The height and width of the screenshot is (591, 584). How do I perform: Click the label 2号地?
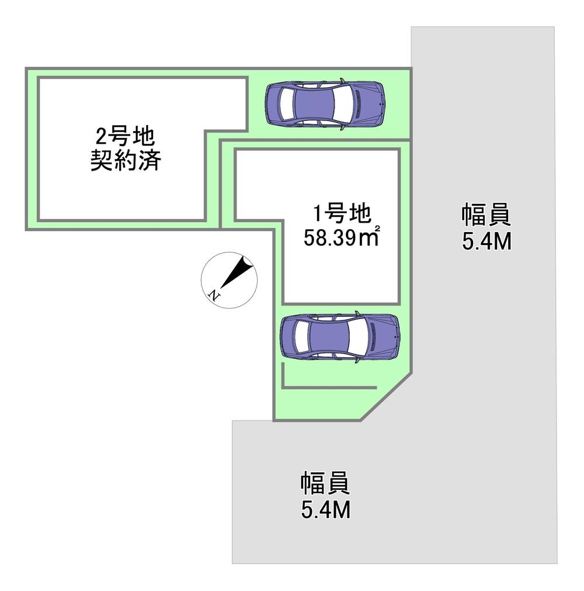click(126, 137)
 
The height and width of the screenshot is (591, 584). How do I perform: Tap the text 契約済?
click(126, 160)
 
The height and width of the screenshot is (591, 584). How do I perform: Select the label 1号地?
click(342, 213)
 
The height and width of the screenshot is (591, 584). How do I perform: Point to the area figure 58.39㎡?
click(341, 237)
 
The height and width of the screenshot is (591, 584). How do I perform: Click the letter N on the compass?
click(214, 295)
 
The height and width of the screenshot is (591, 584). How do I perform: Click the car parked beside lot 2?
click(325, 103)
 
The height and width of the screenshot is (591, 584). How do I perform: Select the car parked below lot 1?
click(339, 337)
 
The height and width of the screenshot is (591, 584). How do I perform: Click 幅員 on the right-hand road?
click(486, 215)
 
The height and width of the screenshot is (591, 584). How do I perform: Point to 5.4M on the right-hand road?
click(487, 241)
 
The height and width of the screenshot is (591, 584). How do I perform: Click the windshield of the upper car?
click(343, 103)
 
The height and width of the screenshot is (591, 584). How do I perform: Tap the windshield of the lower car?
click(358, 337)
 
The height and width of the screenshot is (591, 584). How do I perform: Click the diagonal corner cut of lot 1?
click(386, 396)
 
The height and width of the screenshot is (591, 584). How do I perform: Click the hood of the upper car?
click(367, 103)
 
